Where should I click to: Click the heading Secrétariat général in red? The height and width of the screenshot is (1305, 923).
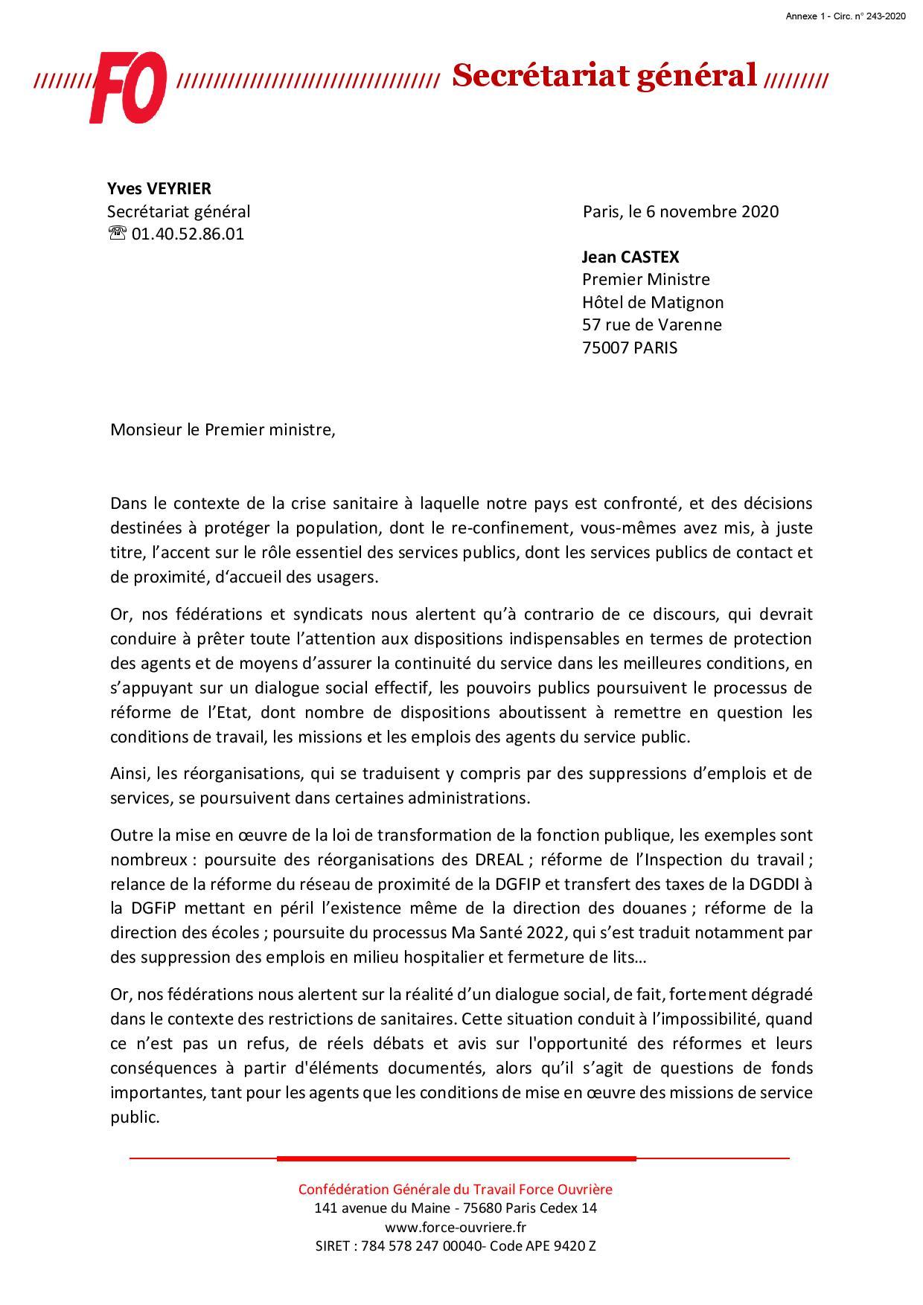click(604, 75)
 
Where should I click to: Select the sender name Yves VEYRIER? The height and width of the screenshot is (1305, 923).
click(159, 189)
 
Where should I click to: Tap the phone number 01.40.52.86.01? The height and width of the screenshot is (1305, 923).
click(188, 234)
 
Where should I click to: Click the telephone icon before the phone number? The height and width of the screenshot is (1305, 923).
click(118, 234)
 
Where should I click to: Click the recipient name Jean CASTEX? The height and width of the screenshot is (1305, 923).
click(630, 257)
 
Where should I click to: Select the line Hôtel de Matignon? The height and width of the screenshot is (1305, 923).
click(652, 302)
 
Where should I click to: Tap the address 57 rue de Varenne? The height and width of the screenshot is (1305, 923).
click(651, 325)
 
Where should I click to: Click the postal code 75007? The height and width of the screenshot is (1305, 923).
click(605, 347)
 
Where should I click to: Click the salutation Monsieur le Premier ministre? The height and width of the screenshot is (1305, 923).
click(223, 430)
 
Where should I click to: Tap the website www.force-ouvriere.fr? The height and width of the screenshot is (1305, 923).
click(456, 1227)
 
